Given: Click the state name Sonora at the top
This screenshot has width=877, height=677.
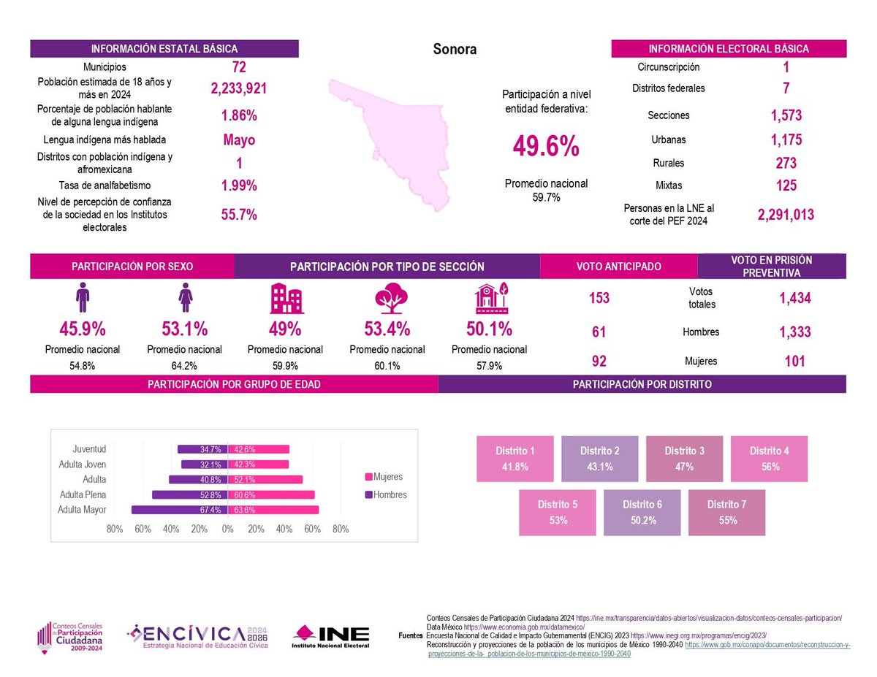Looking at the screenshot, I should tap(455, 50).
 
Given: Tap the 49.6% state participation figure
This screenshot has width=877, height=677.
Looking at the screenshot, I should tap(546, 146).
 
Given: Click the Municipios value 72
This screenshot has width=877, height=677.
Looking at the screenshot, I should tap(238, 68).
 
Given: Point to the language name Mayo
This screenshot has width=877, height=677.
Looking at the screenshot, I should tap(238, 139).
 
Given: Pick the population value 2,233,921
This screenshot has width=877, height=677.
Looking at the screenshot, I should tap(238, 89).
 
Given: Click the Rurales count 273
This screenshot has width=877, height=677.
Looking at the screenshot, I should tap(786, 163).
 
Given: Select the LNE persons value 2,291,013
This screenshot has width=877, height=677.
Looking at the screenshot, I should tap(786, 215).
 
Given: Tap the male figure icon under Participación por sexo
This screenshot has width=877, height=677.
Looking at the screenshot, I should tap(82, 299).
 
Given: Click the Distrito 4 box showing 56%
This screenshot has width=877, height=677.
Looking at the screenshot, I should tap(769, 459).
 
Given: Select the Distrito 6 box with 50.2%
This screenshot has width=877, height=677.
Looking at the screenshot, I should tap(642, 513).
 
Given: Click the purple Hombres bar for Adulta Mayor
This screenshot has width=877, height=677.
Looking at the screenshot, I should tap(179, 510).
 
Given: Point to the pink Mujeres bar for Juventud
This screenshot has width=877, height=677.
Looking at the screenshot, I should tap(259, 449).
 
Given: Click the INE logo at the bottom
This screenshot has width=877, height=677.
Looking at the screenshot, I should tap(330, 635).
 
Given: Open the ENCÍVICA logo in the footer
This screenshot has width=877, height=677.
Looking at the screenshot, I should tap(198, 635).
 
